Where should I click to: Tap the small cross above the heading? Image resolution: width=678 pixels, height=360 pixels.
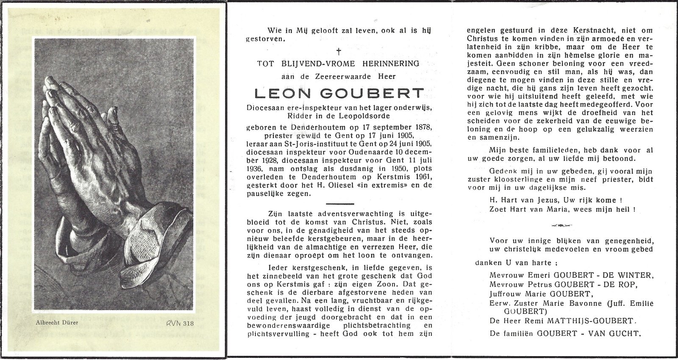coord(338,52)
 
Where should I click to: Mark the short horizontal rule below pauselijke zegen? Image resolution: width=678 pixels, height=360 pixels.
coord(338,204)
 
